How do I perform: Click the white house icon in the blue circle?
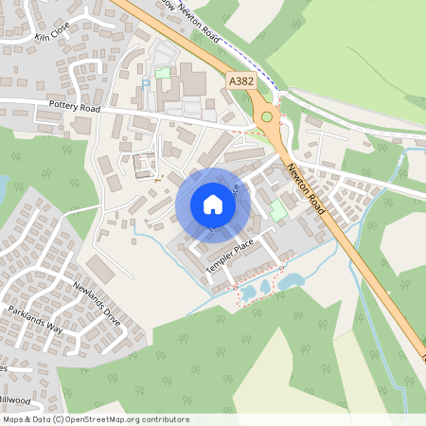[x=212, y=204]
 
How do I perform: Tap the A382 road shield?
[x=240, y=83]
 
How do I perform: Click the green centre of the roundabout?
[x=268, y=117]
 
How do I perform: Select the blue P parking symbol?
[x=145, y=84]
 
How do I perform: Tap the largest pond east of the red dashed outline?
[x=291, y=281]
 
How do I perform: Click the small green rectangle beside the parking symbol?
[x=162, y=73]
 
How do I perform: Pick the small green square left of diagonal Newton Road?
[x=278, y=210]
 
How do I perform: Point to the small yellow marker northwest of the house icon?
[x=157, y=177]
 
